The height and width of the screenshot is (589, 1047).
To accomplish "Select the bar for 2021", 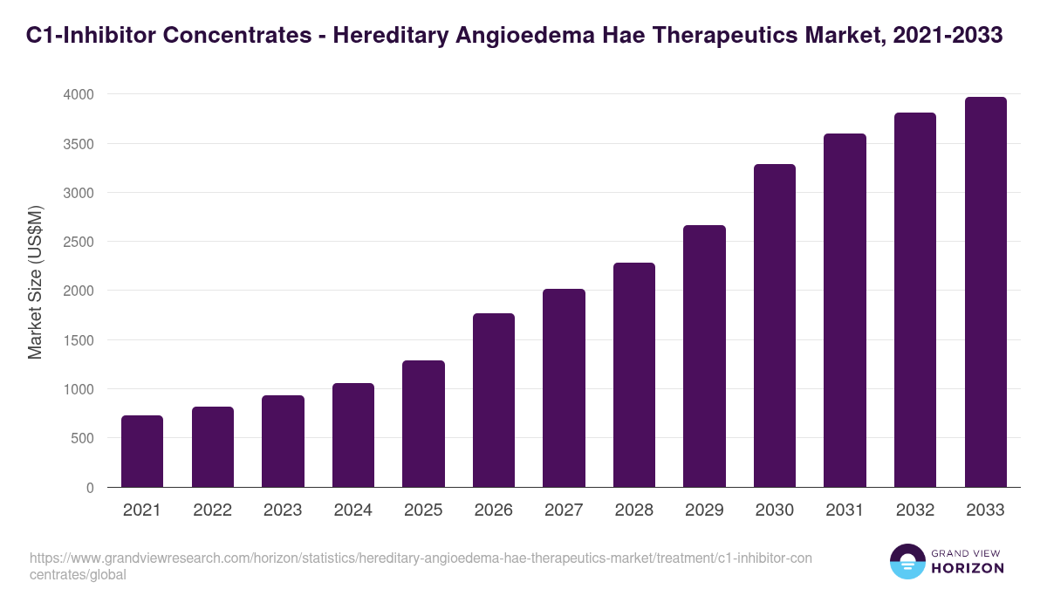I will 142,451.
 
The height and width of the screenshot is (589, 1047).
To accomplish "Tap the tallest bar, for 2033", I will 986,292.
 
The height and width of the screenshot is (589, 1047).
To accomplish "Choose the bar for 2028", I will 634,375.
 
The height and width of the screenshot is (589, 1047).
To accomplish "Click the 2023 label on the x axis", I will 283,510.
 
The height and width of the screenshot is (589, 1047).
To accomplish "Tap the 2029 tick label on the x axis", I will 704,510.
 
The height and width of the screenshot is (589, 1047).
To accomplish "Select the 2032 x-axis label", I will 915,510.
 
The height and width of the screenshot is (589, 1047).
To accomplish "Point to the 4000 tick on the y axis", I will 78,94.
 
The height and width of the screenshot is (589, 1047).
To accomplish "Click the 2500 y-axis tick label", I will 78,242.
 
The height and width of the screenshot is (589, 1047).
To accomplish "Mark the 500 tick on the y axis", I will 82,438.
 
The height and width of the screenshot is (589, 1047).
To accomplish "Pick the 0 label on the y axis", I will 90,488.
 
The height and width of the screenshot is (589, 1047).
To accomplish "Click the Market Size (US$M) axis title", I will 36,283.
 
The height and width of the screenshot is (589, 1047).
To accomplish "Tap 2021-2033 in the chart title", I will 950,36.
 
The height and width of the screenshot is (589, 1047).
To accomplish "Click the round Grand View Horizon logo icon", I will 907,561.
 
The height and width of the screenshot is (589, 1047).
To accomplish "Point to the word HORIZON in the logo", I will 968,568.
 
